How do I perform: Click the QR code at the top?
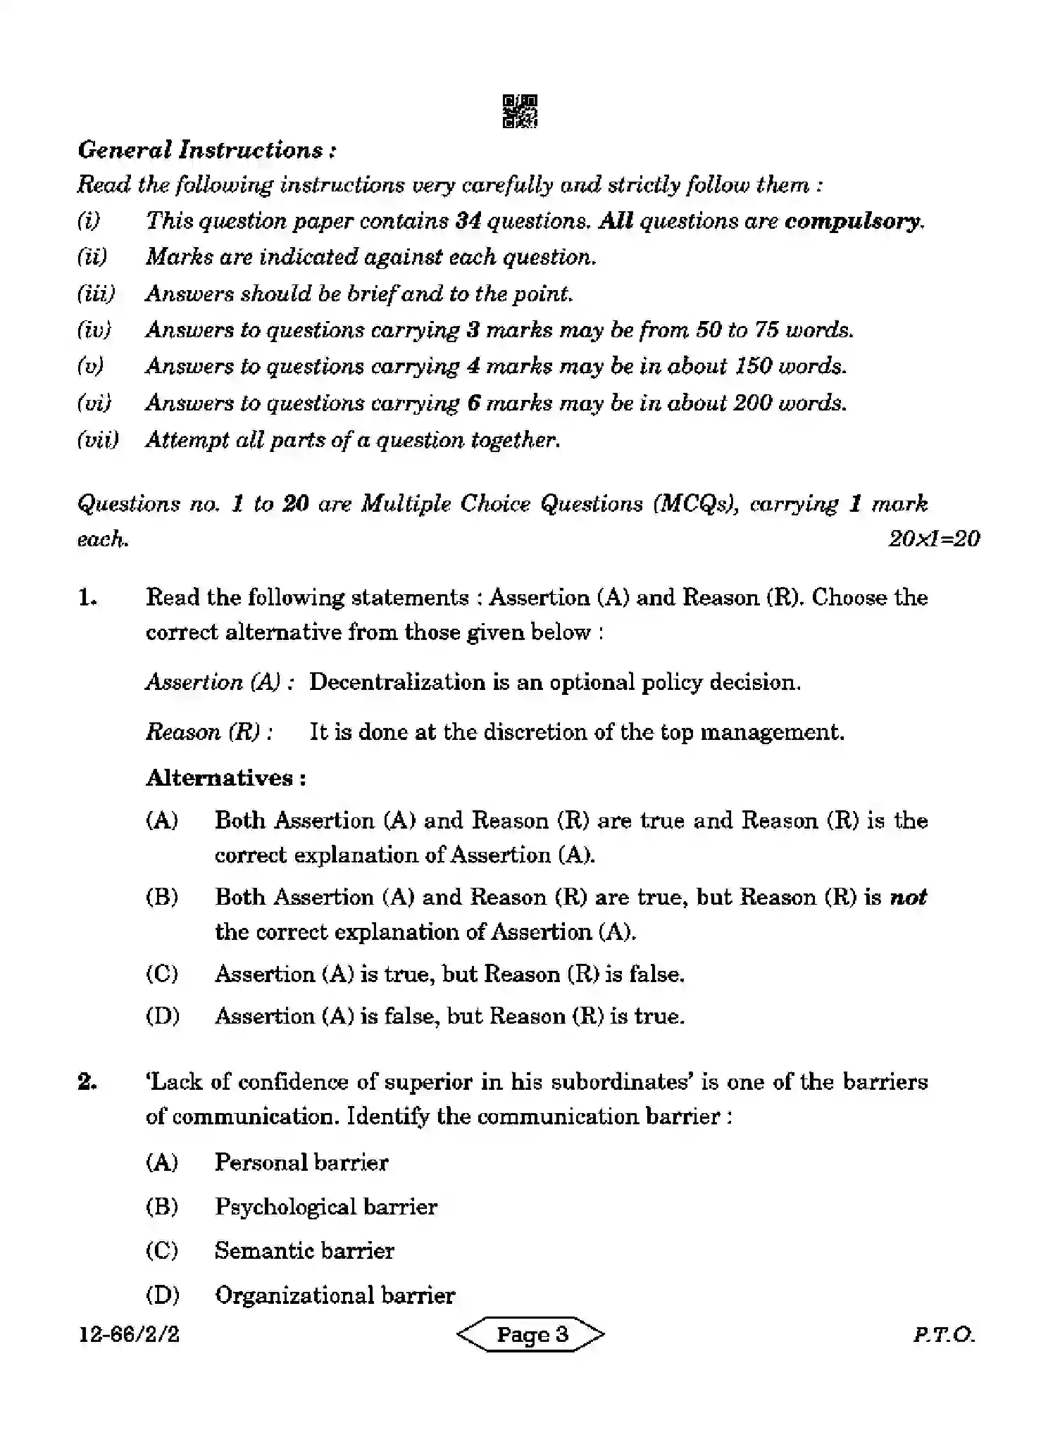(x=520, y=111)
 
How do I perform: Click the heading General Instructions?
(x=206, y=150)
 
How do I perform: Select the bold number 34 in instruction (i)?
(x=468, y=221)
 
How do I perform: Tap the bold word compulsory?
(x=853, y=221)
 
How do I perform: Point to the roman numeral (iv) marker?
(x=94, y=330)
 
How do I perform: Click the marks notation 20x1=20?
(x=933, y=539)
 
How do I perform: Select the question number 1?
(x=87, y=598)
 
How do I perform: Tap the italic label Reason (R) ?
(x=209, y=732)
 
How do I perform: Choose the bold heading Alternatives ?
(x=225, y=778)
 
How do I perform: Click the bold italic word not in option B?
(x=908, y=898)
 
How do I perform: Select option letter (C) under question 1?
(x=162, y=974)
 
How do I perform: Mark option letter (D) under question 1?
(x=162, y=1017)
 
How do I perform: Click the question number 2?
(x=87, y=1082)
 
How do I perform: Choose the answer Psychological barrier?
(x=325, y=1207)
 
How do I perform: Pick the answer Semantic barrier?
(x=304, y=1251)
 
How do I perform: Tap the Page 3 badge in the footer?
(x=532, y=1335)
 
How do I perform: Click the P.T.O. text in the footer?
(x=943, y=1335)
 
